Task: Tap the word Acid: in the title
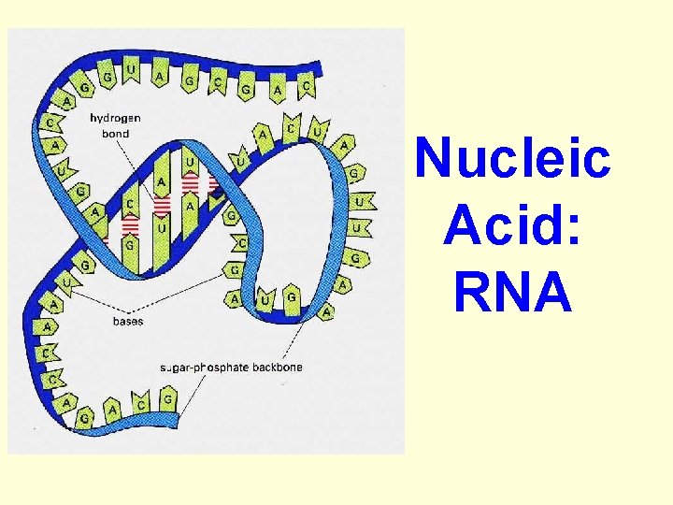tap(513, 225)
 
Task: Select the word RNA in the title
tap(513, 293)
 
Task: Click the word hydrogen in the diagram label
tap(117, 118)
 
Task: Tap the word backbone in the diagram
tap(279, 367)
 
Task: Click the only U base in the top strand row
tap(131, 71)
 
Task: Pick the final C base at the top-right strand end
tap(307, 87)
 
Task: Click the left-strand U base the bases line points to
tap(67, 281)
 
